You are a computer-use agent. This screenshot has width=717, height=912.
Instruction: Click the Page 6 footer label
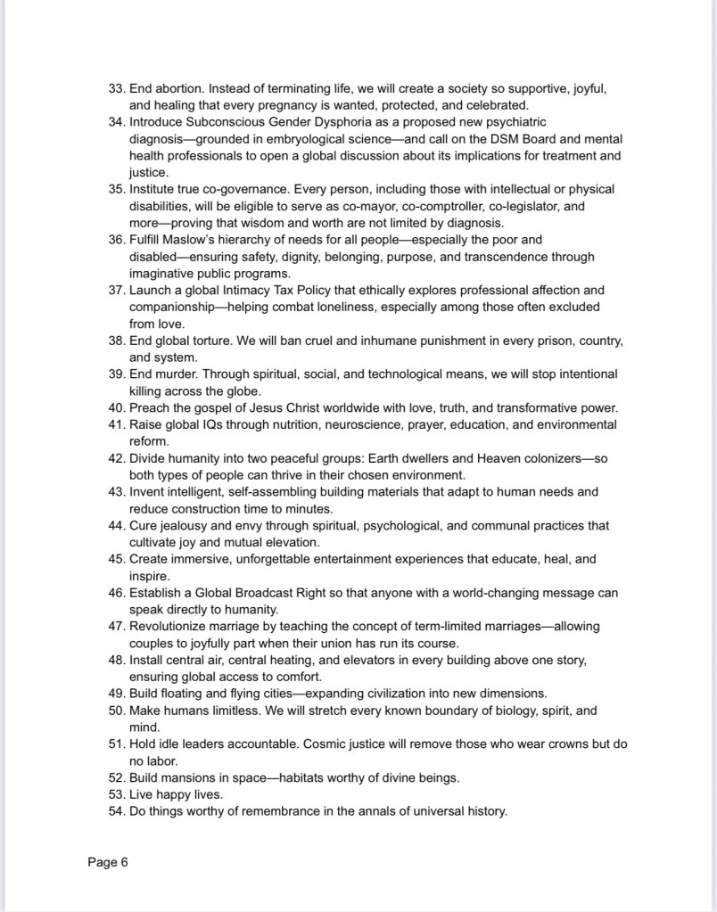(x=108, y=862)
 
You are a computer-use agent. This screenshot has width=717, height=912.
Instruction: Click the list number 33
(x=116, y=88)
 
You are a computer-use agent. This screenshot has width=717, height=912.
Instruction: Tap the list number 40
(x=116, y=408)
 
